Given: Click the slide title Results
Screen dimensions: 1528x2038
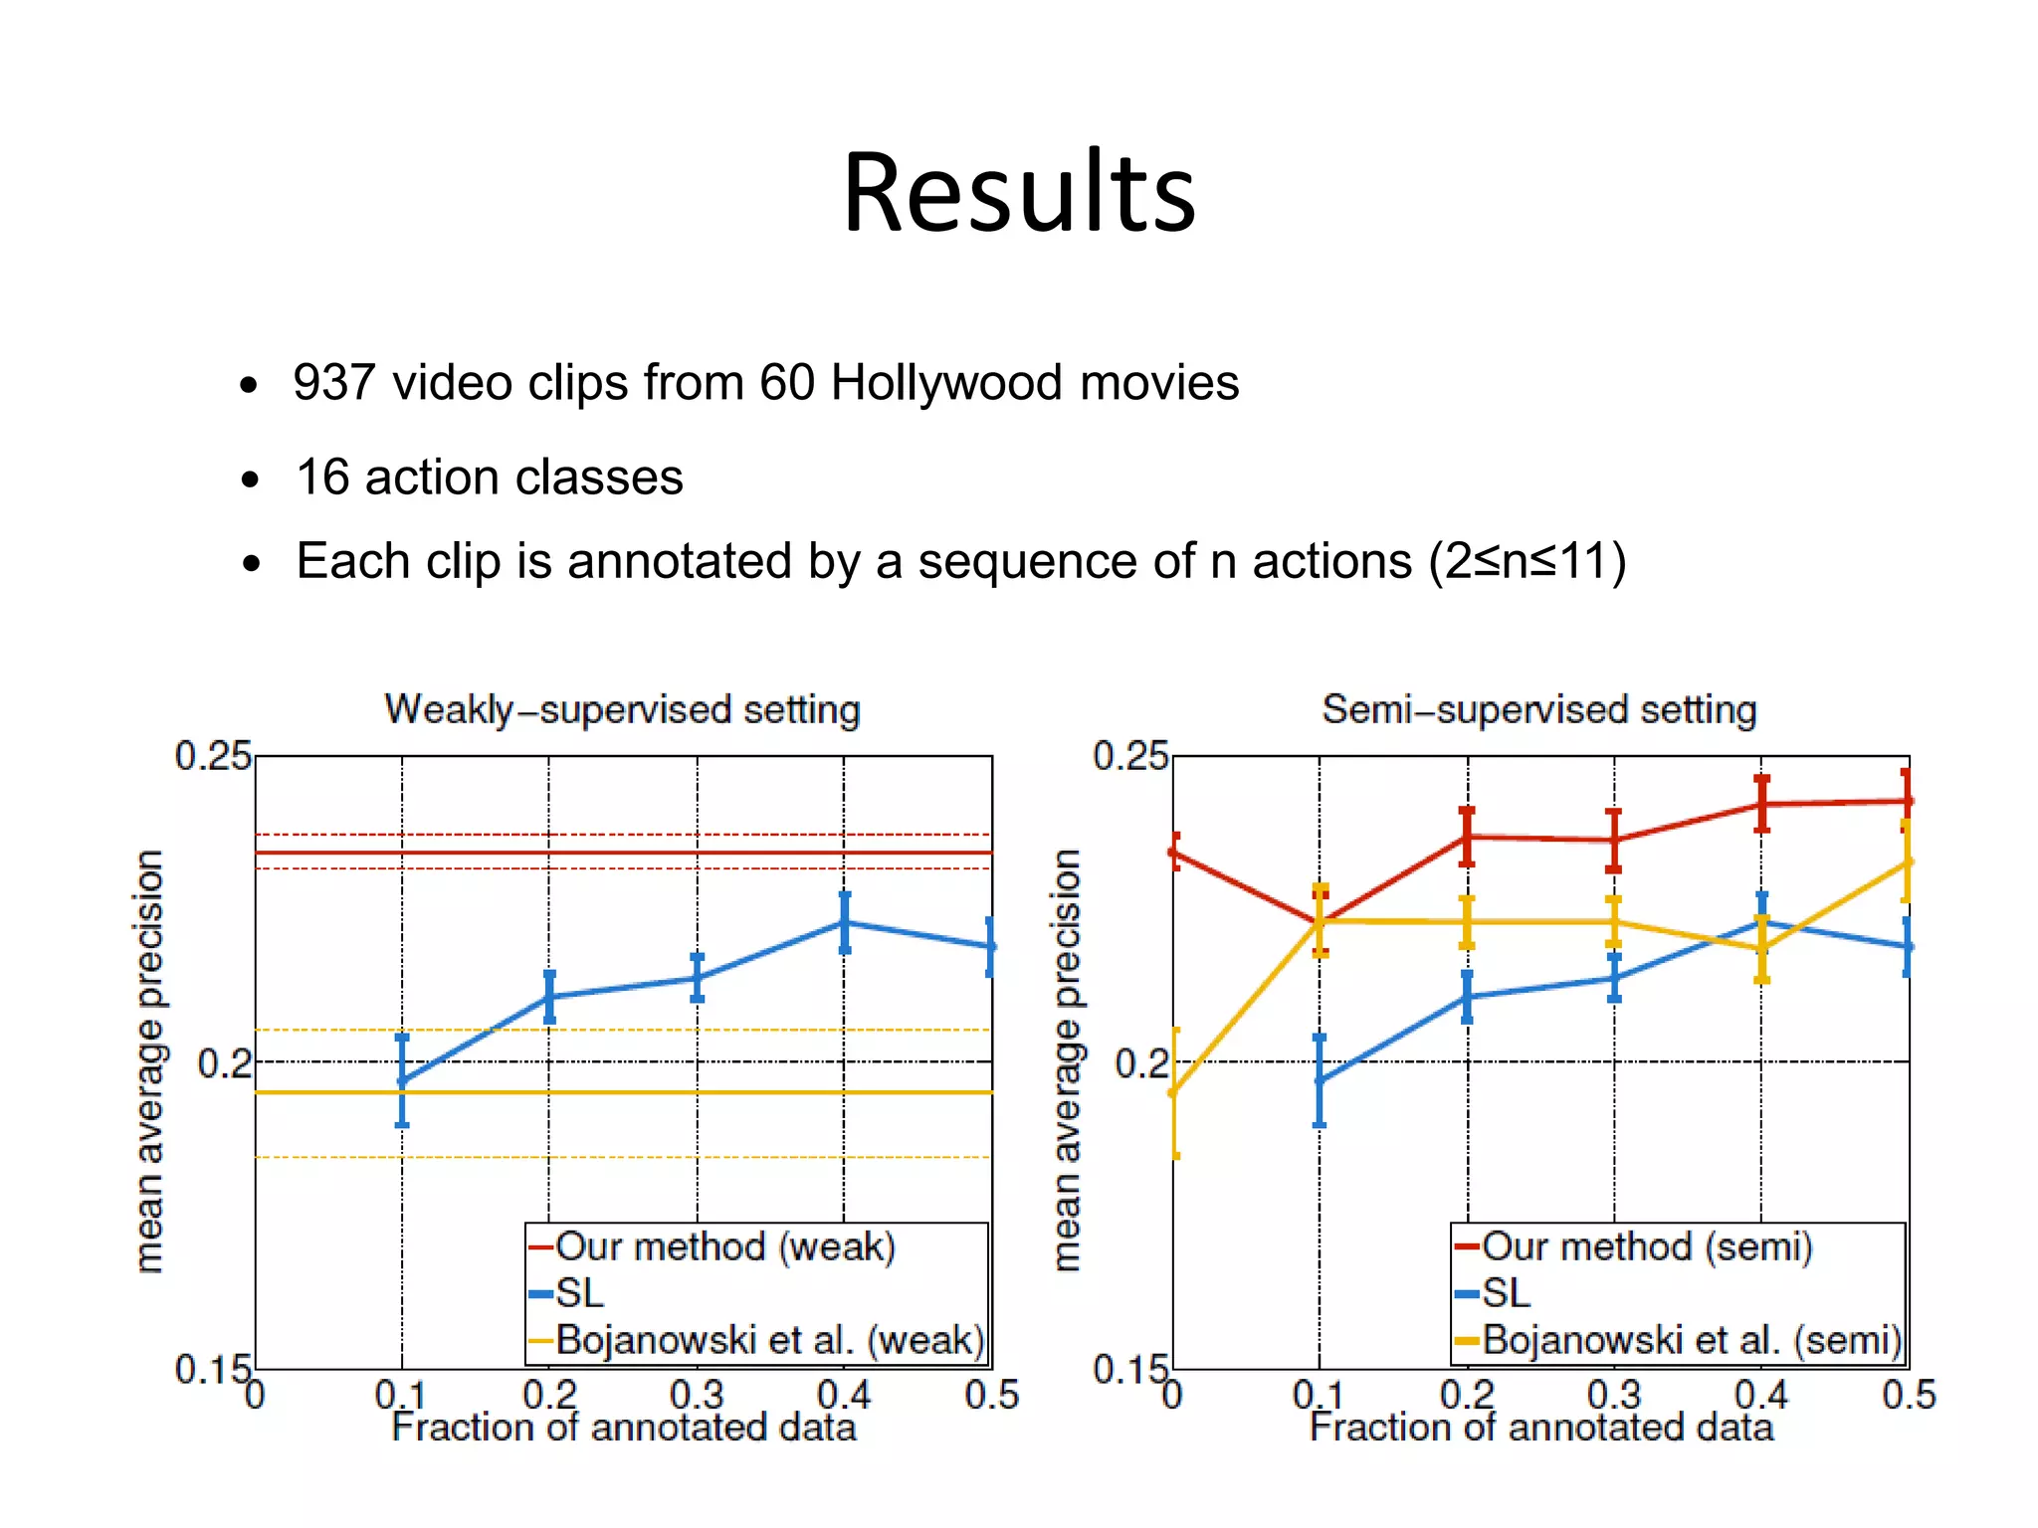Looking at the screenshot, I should point(1019,192).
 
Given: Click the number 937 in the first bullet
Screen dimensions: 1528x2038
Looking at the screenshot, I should point(335,383).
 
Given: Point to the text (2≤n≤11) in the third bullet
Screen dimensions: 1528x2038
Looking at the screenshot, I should point(1527,561).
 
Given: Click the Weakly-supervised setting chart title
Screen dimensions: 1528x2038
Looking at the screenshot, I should point(622,710).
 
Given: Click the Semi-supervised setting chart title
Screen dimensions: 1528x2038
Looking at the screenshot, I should point(1538,710).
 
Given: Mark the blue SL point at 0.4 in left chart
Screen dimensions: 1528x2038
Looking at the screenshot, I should point(845,922).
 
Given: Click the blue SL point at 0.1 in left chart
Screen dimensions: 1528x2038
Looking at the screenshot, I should point(402,1080).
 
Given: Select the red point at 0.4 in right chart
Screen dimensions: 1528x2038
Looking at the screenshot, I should point(1761,804).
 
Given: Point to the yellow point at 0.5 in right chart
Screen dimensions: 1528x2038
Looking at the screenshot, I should point(1907,861).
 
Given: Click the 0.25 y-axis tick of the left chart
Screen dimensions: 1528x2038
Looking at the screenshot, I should point(212,757).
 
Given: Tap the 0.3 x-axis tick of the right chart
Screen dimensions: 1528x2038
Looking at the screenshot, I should point(1613,1395).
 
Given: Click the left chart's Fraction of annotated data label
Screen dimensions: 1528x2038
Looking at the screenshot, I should point(623,1429).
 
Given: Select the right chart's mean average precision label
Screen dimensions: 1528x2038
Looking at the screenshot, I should point(1066,1059).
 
